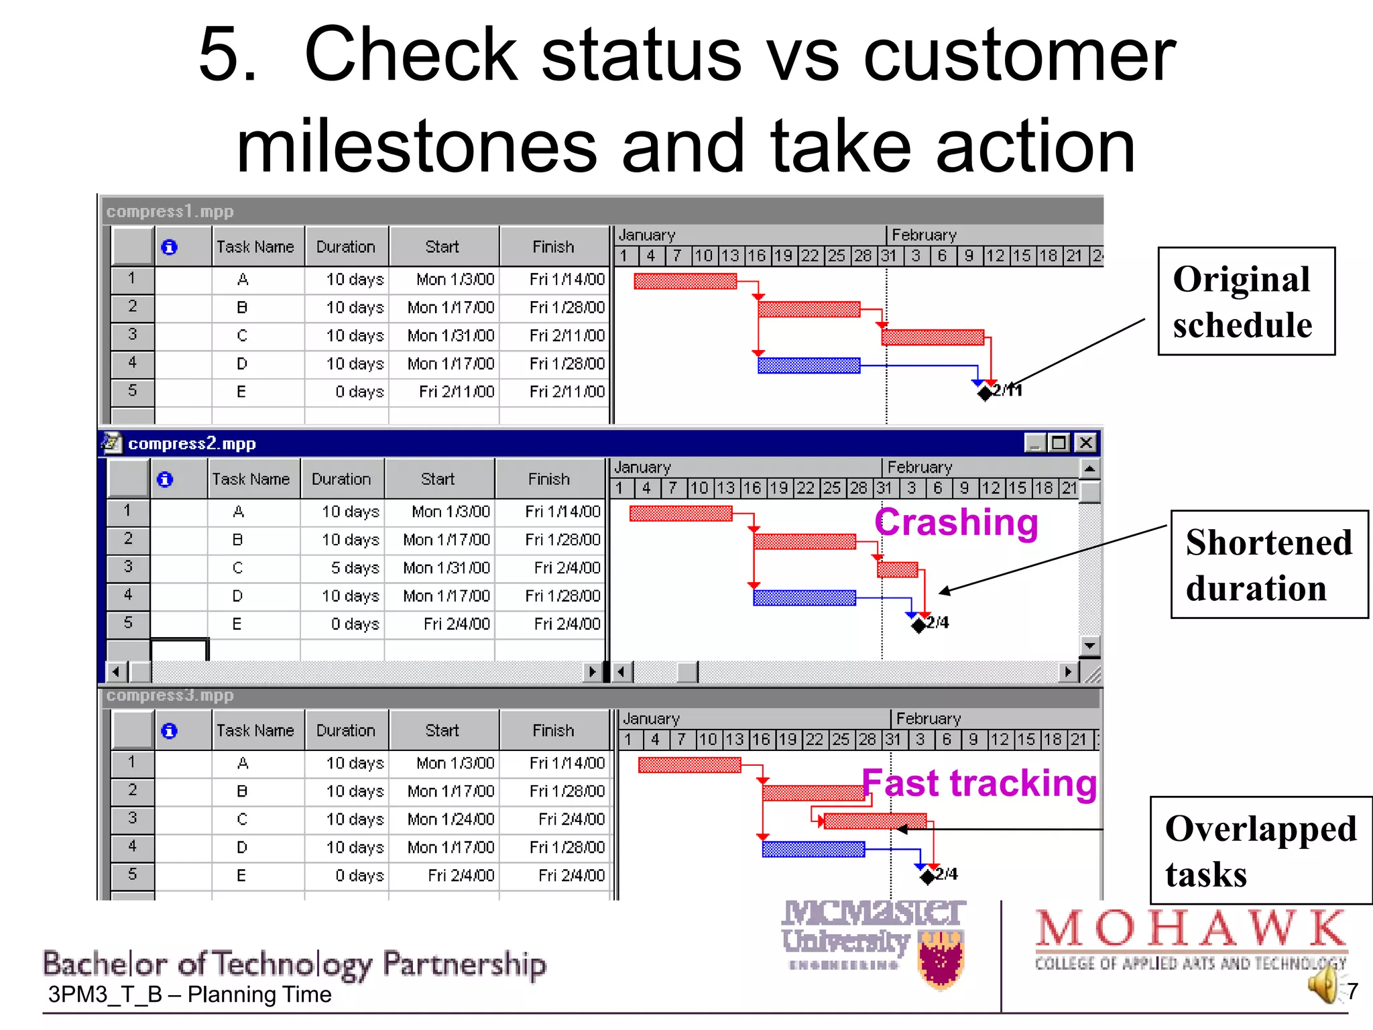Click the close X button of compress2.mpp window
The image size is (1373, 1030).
point(1085,443)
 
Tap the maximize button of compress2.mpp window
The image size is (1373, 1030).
point(1059,443)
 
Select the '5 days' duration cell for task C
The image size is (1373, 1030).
point(355,568)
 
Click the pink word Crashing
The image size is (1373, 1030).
point(956,522)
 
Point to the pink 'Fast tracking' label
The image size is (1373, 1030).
point(979,783)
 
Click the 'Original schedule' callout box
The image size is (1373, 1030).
point(1246,302)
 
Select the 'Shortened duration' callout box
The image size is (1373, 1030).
point(1268,565)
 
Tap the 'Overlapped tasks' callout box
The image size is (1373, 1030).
point(1260,850)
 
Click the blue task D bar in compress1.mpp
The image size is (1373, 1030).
point(809,365)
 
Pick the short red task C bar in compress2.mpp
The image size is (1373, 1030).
point(897,570)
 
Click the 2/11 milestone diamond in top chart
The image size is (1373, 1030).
point(984,393)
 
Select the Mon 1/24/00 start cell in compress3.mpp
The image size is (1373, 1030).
point(451,819)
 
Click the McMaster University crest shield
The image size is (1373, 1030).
point(942,959)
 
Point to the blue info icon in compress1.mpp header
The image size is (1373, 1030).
point(170,247)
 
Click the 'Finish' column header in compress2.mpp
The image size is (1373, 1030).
point(548,479)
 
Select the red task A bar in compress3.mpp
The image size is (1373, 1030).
point(689,765)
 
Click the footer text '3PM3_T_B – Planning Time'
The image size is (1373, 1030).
point(190,994)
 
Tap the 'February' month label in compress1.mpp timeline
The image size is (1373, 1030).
point(924,235)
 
